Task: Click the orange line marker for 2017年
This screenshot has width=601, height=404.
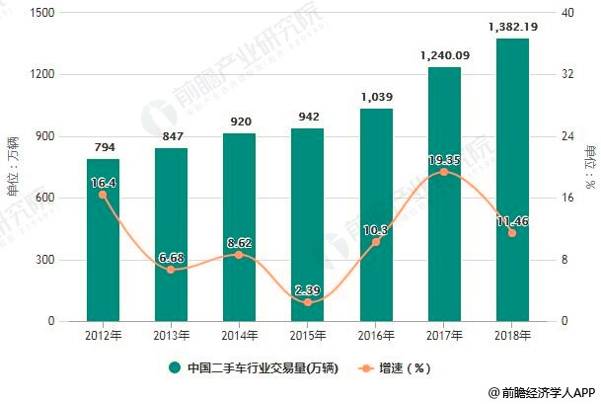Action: click(x=444, y=172)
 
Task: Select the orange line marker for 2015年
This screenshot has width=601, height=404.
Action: click(x=307, y=302)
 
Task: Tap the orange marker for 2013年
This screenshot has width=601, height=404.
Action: click(x=171, y=270)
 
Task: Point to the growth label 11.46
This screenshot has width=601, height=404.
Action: click(x=512, y=220)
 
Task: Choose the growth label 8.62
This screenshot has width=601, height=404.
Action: click(x=239, y=242)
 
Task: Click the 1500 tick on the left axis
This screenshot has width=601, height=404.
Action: click(x=40, y=13)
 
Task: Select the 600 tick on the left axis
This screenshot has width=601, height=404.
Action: click(x=44, y=198)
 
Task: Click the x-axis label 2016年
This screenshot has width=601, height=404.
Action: click(x=375, y=336)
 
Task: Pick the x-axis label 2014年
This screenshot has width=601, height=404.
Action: click(x=239, y=336)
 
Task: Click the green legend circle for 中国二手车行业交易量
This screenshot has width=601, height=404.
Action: click(x=175, y=368)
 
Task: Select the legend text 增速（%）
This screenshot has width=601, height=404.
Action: click(x=406, y=368)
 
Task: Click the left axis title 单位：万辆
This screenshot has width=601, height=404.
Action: click(x=13, y=167)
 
